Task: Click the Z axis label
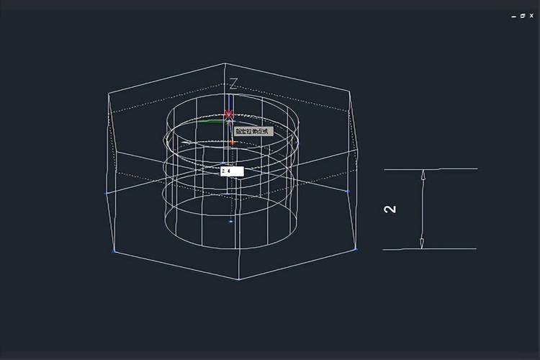(x=233, y=84)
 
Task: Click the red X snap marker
(x=229, y=114)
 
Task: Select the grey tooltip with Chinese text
(x=252, y=131)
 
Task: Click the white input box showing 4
(x=232, y=171)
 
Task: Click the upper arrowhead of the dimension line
(x=423, y=175)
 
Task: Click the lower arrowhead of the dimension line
(x=423, y=243)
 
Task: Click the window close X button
(x=531, y=15)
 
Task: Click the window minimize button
(x=513, y=15)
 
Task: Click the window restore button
(x=523, y=15)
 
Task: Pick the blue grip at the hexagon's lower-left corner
(x=114, y=251)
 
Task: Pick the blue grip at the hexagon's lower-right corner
(x=355, y=250)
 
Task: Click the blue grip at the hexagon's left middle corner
(x=107, y=192)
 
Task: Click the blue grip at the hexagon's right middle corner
(x=347, y=191)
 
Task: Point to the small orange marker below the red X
(x=233, y=143)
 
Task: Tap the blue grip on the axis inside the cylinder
(x=230, y=221)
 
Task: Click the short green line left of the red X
(x=211, y=122)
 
